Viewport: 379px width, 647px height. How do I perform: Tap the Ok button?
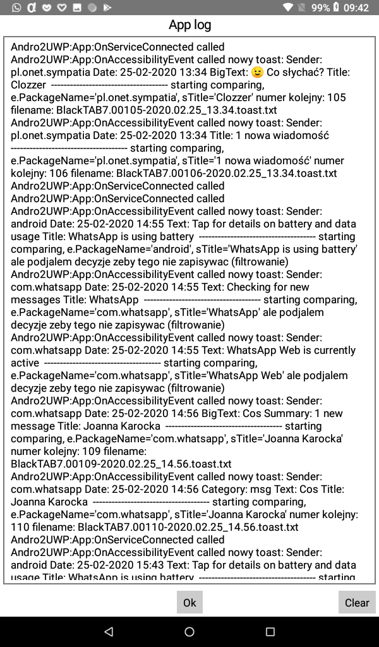[189, 602]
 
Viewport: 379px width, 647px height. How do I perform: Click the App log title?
[189, 25]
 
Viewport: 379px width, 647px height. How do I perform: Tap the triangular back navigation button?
[109, 631]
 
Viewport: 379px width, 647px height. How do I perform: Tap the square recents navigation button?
[270, 631]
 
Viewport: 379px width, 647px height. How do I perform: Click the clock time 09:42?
[356, 8]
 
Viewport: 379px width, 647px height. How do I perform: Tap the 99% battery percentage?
[320, 8]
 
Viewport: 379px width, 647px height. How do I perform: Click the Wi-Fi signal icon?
[288, 8]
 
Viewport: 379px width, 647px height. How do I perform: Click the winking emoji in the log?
[257, 72]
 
